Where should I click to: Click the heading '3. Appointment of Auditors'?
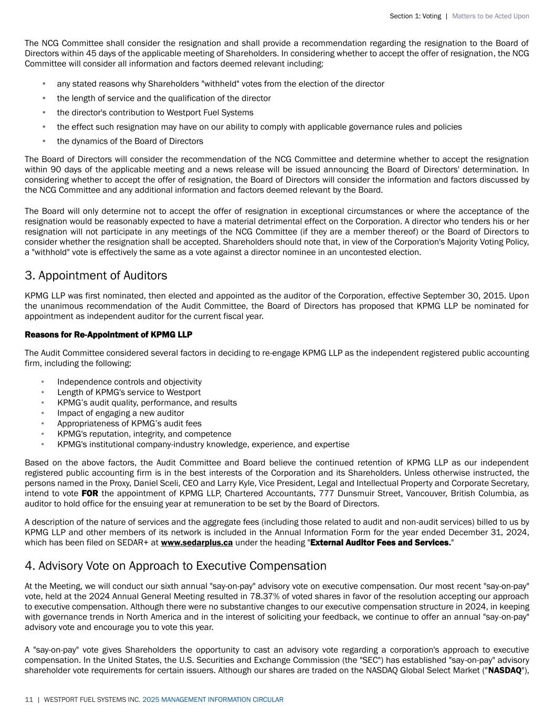[96, 276]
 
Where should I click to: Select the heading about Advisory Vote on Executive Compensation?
[175, 566]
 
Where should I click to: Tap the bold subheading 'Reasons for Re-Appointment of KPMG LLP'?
[108, 335]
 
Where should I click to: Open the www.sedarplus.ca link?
[196, 543]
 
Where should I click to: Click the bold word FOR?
[89, 494]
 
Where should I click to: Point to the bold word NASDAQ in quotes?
[505, 670]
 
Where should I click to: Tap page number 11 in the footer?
[29, 700]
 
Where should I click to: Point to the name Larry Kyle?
[249, 483]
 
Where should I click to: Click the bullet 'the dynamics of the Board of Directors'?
[130, 141]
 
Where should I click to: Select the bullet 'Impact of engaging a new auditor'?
[120, 413]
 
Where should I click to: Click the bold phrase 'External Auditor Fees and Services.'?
[381, 543]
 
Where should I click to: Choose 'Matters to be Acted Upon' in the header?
[490, 16]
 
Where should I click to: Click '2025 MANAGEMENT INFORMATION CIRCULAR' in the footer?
[213, 700]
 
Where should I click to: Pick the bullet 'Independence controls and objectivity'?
[129, 382]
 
